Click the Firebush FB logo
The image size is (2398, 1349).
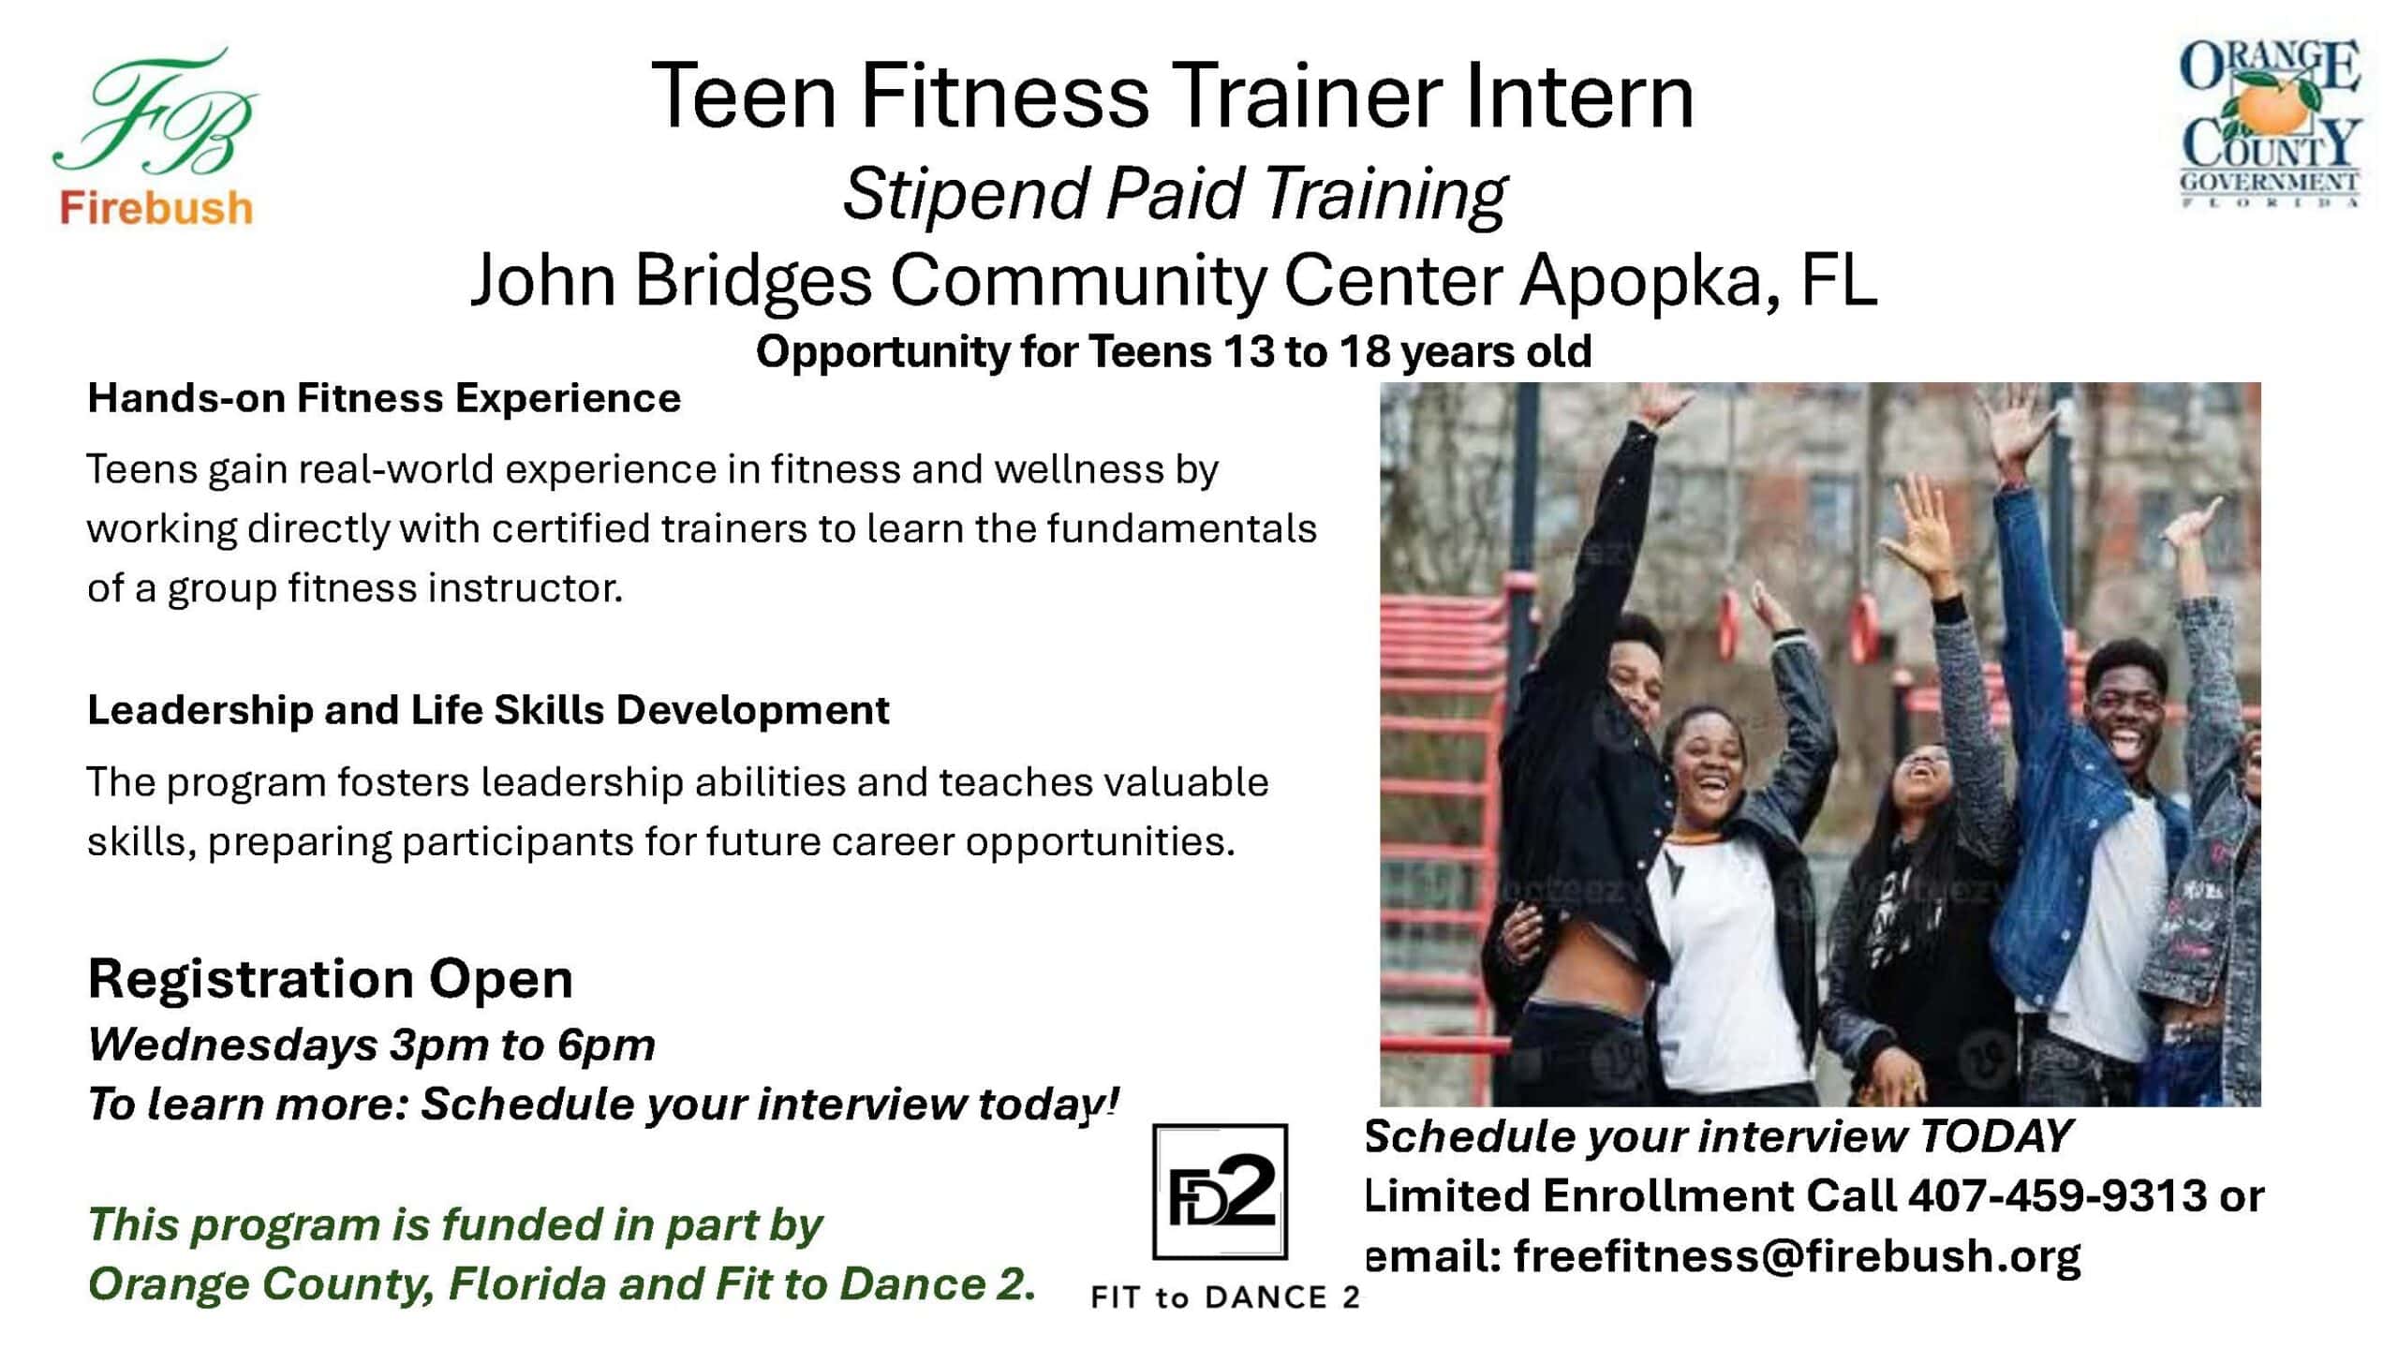(x=155, y=136)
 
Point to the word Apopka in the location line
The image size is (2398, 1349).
(x=1640, y=280)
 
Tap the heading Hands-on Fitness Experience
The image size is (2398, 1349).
(x=384, y=399)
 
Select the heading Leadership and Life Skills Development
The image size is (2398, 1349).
(x=488, y=710)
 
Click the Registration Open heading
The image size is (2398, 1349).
(x=331, y=980)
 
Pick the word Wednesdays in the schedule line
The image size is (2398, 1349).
(x=232, y=1045)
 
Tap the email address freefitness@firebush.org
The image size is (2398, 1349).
(x=1798, y=1256)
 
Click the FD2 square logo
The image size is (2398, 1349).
(x=1220, y=1191)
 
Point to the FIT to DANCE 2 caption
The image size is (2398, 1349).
(x=1225, y=1297)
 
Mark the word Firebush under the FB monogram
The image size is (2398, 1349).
(x=156, y=207)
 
